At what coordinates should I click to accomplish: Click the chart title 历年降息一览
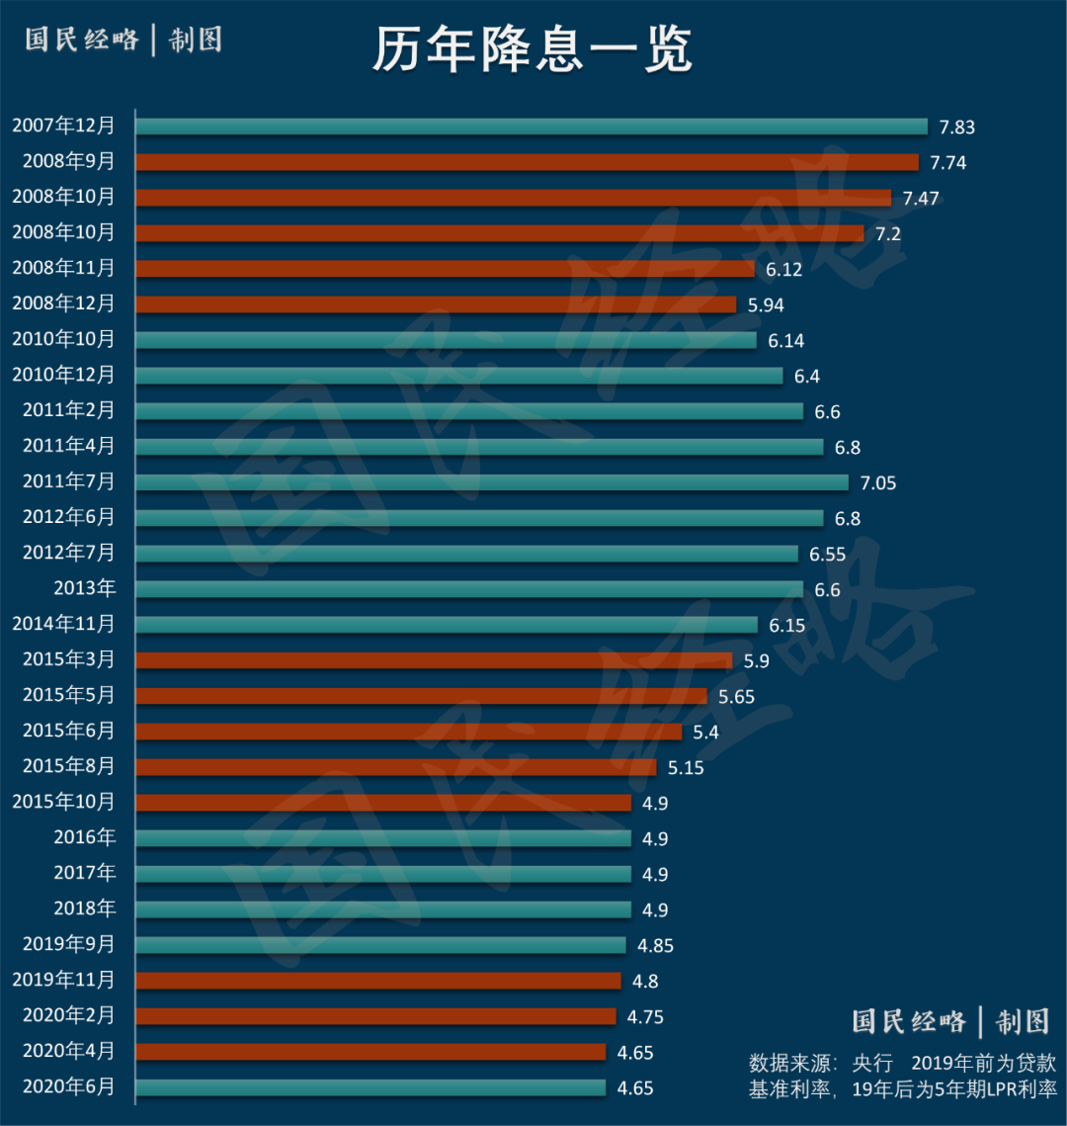coord(533,49)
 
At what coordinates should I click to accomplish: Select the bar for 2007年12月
coord(532,127)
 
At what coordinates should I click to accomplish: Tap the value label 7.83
coord(956,128)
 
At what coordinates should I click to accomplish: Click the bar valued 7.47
coord(513,198)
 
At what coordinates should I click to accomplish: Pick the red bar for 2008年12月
coord(436,304)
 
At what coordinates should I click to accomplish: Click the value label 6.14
coord(786,341)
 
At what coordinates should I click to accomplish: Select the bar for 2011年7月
coord(492,482)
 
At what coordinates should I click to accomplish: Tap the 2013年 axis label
coord(85,588)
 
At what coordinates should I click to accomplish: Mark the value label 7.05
coord(878,483)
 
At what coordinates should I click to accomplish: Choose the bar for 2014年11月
coord(447,625)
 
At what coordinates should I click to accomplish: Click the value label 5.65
coord(736,697)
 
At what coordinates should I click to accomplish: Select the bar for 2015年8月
coord(396,767)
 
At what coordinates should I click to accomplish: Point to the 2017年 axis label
coord(85,873)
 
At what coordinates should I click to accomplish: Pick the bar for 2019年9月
coord(381,945)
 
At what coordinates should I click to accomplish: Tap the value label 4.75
coord(645,1017)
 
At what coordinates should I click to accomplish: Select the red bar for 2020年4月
coord(370,1052)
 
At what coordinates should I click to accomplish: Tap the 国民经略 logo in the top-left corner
coord(83,40)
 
